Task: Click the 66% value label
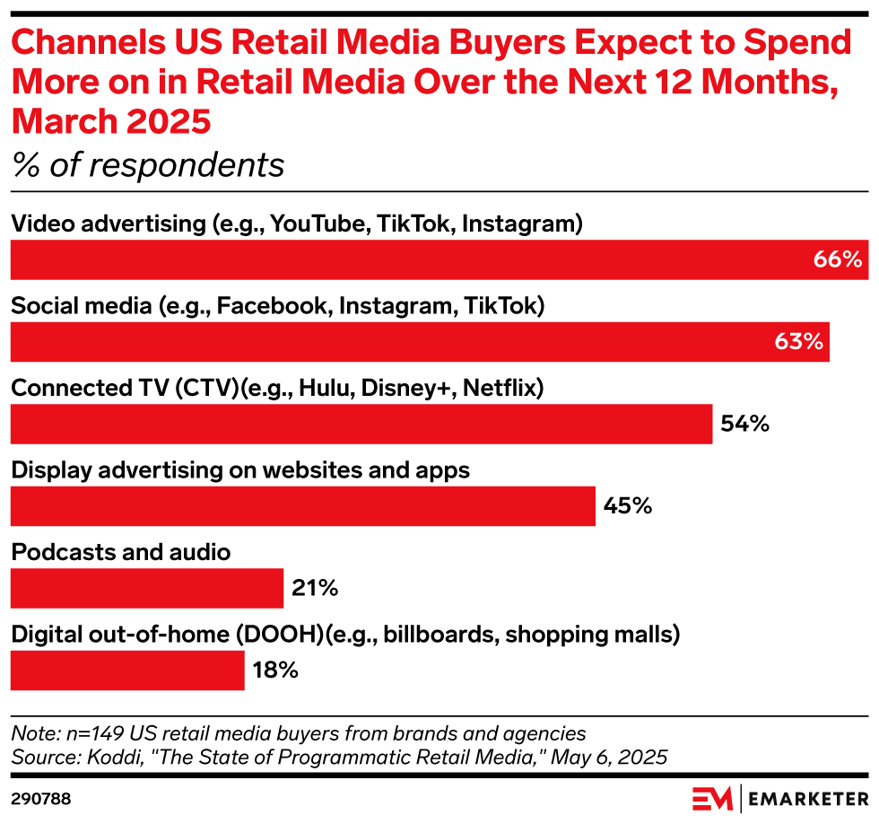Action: pos(838,260)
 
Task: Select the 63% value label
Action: pos(798,342)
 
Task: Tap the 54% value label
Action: pos(744,424)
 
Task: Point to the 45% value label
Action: pos(627,506)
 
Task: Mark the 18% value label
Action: pos(274,671)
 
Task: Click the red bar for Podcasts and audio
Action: pos(146,589)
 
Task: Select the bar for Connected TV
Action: pos(361,424)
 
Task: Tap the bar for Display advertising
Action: pos(302,506)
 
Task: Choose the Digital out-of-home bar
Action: pos(126,671)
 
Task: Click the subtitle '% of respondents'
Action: pos(148,165)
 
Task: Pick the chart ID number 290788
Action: pos(40,797)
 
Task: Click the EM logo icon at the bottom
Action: pos(712,797)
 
